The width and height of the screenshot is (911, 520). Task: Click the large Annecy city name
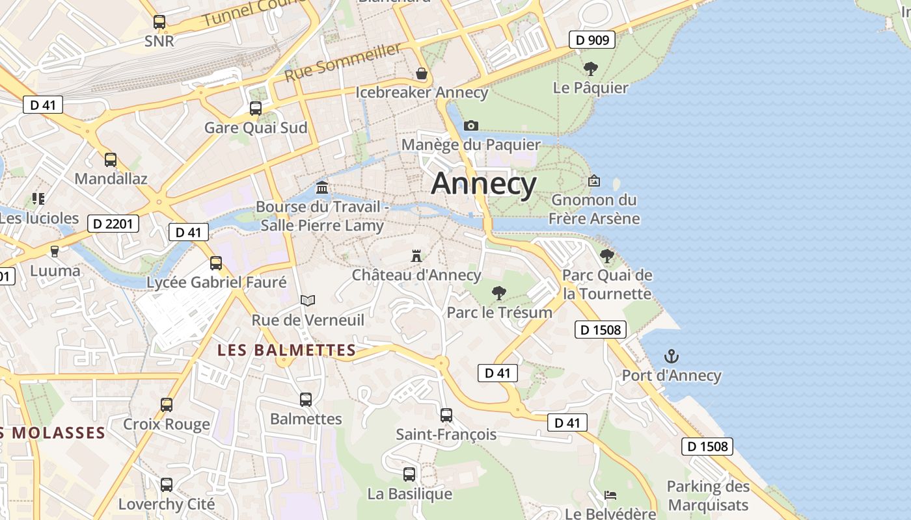pyautogui.click(x=483, y=183)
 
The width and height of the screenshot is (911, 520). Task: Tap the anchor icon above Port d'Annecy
pyautogui.click(x=671, y=356)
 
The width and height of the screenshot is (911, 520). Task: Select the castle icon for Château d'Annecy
pyautogui.click(x=416, y=255)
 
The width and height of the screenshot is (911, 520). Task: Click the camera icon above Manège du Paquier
pyautogui.click(x=471, y=125)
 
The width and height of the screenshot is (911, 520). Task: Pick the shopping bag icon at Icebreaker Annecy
pyautogui.click(x=422, y=73)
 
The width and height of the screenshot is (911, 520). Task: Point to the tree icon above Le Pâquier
pyautogui.click(x=590, y=68)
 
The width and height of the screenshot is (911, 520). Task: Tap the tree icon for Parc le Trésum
pyautogui.click(x=499, y=293)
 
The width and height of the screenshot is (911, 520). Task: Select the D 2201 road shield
pyautogui.click(x=113, y=224)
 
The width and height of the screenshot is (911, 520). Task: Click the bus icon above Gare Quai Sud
pyautogui.click(x=256, y=108)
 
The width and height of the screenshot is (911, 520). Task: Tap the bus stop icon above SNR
pyautogui.click(x=159, y=22)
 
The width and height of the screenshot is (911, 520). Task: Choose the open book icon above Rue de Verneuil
pyautogui.click(x=308, y=300)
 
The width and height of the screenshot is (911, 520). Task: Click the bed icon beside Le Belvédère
pyautogui.click(x=610, y=495)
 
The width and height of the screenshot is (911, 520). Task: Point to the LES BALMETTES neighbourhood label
pyautogui.click(x=286, y=350)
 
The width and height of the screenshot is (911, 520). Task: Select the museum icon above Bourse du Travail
pyautogui.click(x=321, y=188)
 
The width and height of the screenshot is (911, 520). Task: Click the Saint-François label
pyautogui.click(x=446, y=434)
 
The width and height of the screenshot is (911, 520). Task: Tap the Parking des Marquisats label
pyautogui.click(x=708, y=495)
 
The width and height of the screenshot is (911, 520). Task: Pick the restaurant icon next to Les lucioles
pyautogui.click(x=38, y=198)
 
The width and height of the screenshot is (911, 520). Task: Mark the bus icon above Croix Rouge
pyautogui.click(x=167, y=405)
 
